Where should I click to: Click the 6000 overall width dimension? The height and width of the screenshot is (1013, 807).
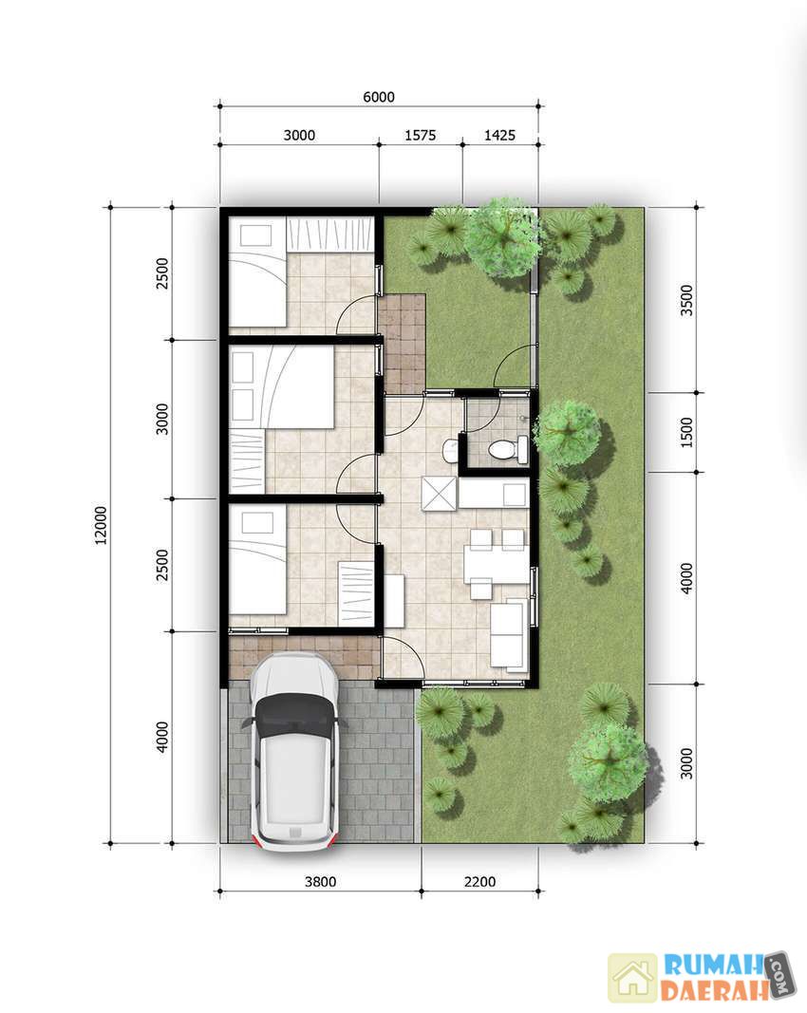click(x=379, y=97)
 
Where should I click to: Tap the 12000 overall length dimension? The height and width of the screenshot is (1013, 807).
click(x=102, y=525)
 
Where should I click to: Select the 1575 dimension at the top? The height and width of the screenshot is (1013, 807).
click(x=420, y=135)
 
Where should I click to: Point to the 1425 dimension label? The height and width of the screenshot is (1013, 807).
click(x=499, y=135)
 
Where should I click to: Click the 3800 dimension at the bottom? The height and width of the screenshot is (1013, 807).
click(x=321, y=882)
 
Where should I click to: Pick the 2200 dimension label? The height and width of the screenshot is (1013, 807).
click(x=480, y=882)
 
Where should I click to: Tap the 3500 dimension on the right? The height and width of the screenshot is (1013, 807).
click(x=686, y=300)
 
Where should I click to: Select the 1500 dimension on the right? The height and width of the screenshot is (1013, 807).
click(x=686, y=432)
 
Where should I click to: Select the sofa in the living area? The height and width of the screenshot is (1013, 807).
click(x=509, y=636)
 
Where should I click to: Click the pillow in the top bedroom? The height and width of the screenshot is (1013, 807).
click(x=255, y=235)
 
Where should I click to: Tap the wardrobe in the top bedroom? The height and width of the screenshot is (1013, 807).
click(x=329, y=234)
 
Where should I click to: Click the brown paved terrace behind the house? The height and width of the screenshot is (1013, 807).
click(x=402, y=343)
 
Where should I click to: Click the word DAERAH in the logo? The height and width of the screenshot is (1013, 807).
click(x=713, y=990)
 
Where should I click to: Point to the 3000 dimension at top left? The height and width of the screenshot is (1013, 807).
click(x=299, y=135)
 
